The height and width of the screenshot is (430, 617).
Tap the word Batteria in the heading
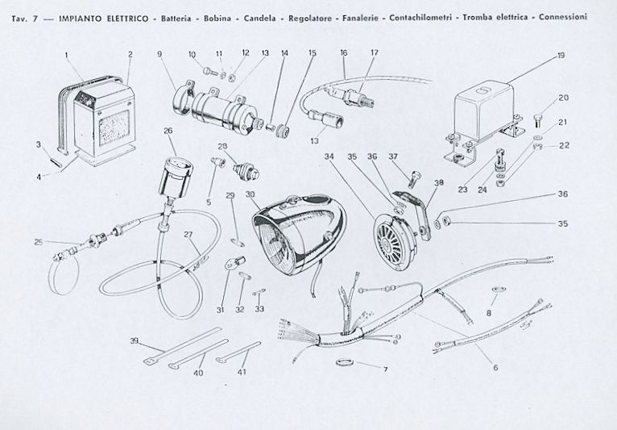pos(182,17)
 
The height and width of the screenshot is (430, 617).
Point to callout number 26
pos(168,130)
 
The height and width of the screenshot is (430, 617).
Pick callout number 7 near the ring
pos(384,369)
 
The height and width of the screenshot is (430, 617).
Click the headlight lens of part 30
pos(279,241)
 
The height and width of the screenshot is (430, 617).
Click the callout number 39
pos(135,340)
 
